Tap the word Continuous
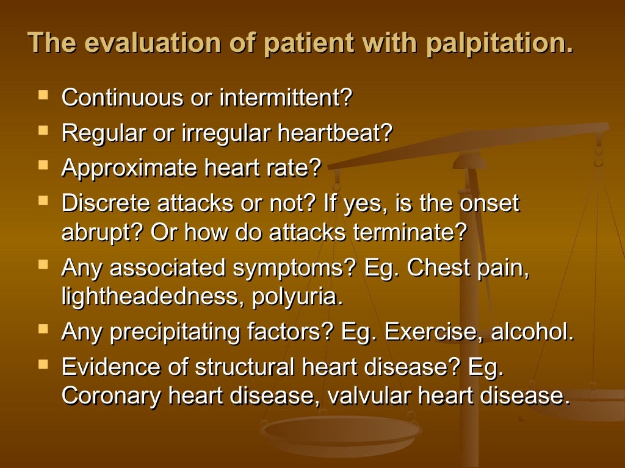pos(122,98)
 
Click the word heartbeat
pos(334,133)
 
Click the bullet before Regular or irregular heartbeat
pos(43,130)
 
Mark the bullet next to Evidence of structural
pos(43,364)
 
